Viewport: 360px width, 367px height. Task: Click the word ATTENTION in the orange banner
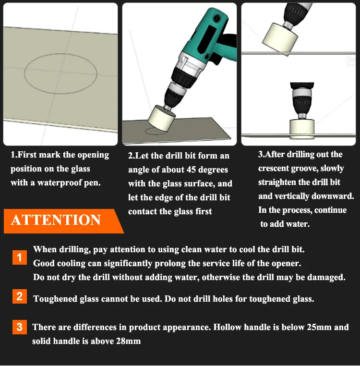pos(56,220)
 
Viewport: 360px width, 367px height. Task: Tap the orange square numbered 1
pos(19,257)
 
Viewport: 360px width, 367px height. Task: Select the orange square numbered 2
pos(19,296)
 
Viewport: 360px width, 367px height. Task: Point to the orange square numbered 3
pos(19,327)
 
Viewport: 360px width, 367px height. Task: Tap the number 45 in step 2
pos(192,170)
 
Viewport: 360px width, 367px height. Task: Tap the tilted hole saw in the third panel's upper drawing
pos(279,38)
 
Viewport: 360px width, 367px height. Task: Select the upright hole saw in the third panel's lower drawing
pos(302,129)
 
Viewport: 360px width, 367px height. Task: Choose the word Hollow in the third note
pos(227,327)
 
